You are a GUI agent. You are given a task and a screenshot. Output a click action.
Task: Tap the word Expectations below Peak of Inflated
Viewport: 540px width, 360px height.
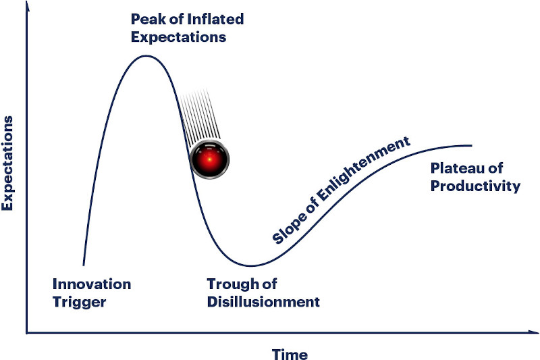[x=178, y=38]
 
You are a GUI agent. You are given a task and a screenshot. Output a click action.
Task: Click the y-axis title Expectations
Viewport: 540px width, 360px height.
[x=7, y=163]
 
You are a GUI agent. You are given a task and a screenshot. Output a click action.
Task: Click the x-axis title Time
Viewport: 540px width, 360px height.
[x=290, y=354]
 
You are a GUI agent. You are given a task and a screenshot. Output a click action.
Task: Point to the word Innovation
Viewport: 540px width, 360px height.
[x=92, y=284]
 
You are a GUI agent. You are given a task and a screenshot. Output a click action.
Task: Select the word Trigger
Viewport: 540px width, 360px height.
[x=80, y=303]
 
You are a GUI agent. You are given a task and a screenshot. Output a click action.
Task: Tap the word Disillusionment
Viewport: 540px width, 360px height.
[x=263, y=302]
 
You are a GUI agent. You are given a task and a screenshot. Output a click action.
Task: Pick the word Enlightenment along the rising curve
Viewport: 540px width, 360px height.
[x=363, y=170]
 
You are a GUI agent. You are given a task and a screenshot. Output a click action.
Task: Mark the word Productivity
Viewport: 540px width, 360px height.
[x=475, y=186]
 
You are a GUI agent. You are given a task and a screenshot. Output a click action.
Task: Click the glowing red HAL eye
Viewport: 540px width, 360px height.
[x=209, y=159]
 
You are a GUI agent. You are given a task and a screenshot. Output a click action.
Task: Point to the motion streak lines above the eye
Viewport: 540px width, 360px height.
[x=200, y=115]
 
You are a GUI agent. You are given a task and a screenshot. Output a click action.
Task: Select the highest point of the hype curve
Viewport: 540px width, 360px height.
[x=146, y=55]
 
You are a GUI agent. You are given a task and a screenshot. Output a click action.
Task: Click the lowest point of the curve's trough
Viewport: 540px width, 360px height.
[x=251, y=265]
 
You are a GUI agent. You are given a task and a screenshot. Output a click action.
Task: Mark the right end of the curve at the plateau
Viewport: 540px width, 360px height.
[x=471, y=146]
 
